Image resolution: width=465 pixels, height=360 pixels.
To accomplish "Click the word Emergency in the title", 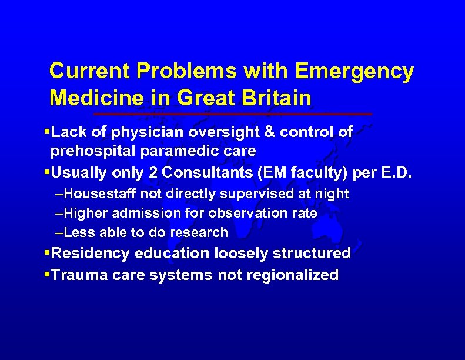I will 354,72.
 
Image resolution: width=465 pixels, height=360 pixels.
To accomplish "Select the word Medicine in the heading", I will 91,98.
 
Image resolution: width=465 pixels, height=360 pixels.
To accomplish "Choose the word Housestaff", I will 97,194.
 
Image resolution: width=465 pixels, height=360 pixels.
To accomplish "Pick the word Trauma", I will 75,275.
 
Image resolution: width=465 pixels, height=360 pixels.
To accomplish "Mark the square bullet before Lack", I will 47,132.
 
